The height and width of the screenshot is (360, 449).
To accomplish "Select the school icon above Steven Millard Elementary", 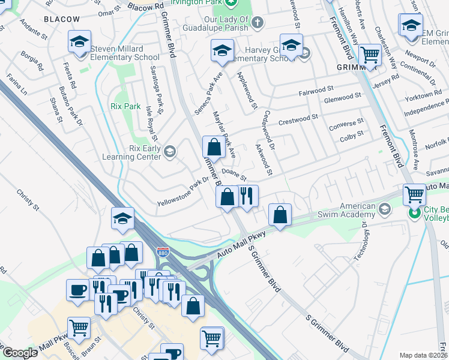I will pyautogui.click(x=79, y=41).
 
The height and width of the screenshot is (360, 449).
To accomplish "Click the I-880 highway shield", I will pyautogui.click(x=163, y=253).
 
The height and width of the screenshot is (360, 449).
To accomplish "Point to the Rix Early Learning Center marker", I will pyautogui.click(x=170, y=151).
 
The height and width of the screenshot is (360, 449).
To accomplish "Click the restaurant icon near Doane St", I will pyautogui.click(x=247, y=195).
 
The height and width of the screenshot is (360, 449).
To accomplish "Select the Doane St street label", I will pyautogui.click(x=234, y=175).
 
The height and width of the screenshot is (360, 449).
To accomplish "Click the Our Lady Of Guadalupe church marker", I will pyautogui.click(x=257, y=23).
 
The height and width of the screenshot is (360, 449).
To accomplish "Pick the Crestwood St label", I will pyautogui.click(x=302, y=119).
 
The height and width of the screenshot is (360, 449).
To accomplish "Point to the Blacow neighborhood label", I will pyautogui.click(x=62, y=19).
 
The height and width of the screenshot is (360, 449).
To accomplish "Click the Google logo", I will pyautogui.click(x=19, y=353).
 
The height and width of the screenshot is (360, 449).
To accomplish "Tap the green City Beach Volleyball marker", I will pyautogui.click(x=414, y=213).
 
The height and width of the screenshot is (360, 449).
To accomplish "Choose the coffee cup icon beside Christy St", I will pyautogui.click(x=77, y=290).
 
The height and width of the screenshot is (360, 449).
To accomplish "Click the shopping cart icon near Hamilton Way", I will pyautogui.click(x=370, y=55).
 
